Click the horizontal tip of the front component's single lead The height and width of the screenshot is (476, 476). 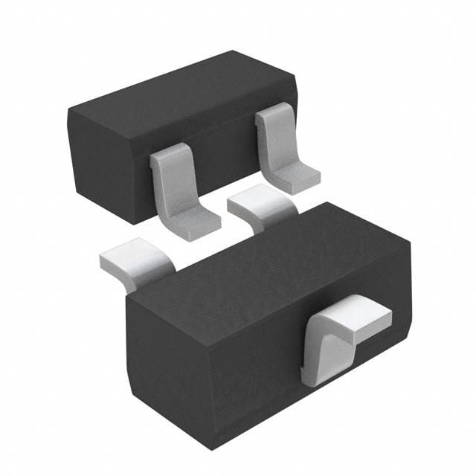point(364,313)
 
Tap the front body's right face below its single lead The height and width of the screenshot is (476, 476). point(357,372)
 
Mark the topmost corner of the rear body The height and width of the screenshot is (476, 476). point(232,51)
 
